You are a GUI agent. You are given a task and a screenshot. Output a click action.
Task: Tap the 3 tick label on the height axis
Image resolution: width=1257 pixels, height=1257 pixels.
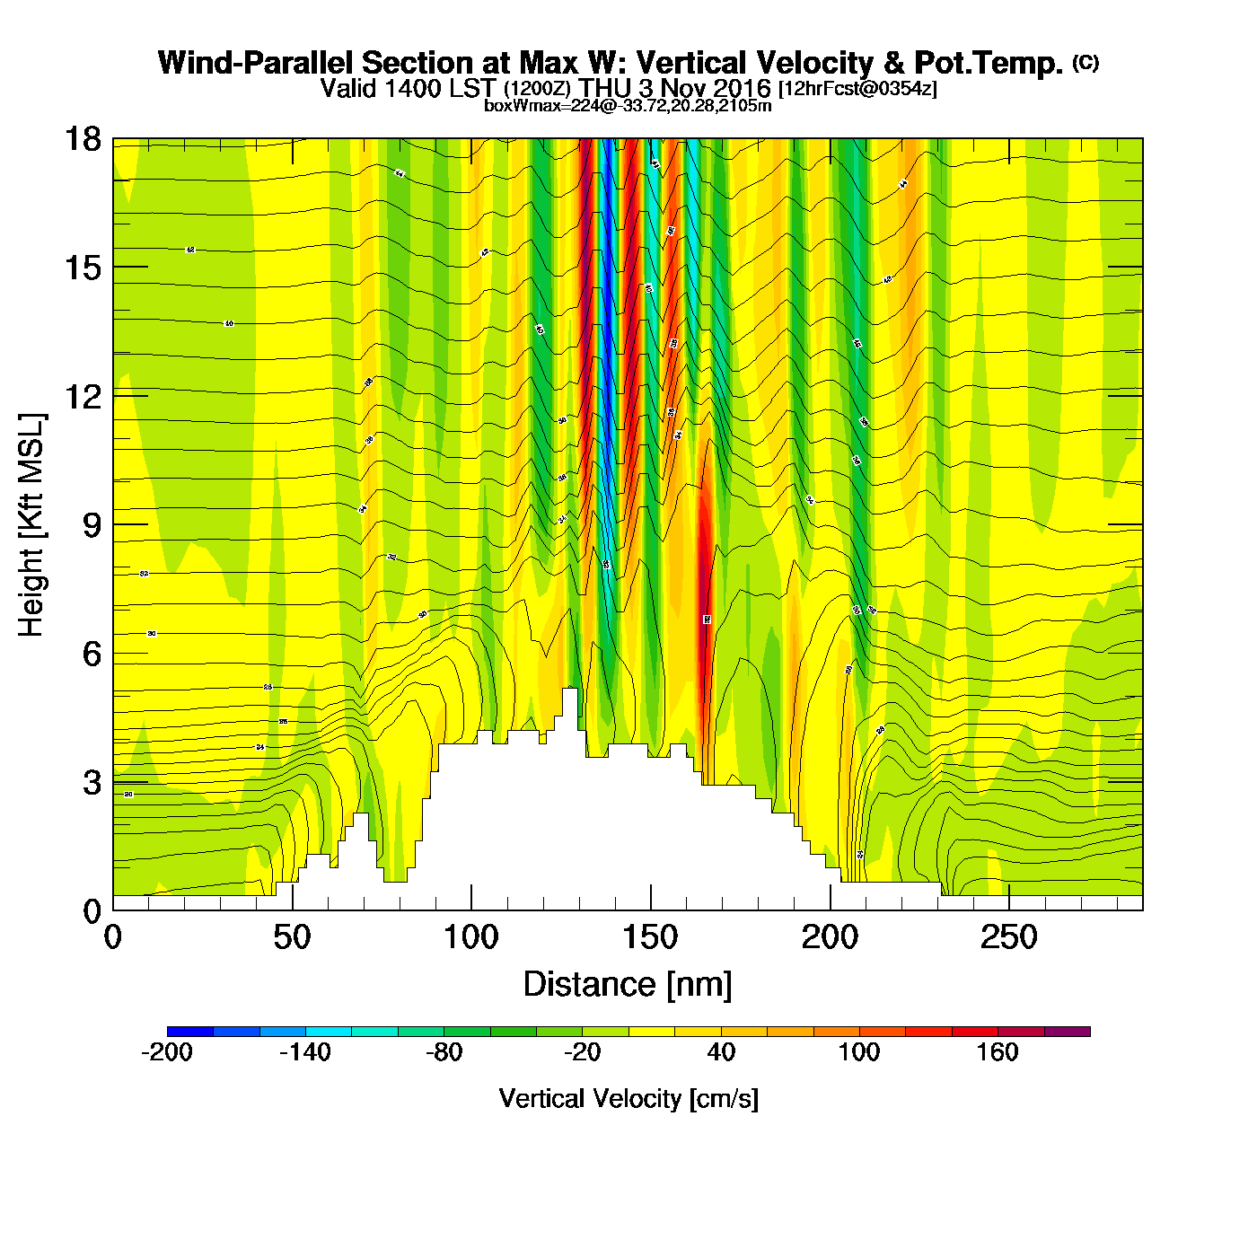(92, 782)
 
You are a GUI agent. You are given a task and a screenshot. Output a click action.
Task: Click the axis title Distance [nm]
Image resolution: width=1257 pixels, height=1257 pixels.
(628, 985)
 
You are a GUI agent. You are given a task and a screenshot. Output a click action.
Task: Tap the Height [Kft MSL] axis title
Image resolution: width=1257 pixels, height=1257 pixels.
(31, 525)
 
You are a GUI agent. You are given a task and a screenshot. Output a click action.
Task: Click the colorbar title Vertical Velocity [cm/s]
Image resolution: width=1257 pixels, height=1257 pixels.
(628, 1099)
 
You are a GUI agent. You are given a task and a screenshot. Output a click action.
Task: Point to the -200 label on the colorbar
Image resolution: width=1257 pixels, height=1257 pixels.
(167, 1052)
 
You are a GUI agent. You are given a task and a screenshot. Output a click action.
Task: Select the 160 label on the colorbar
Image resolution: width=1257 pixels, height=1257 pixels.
(998, 1052)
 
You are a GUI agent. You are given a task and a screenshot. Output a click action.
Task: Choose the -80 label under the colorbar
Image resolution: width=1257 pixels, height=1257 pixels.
(444, 1052)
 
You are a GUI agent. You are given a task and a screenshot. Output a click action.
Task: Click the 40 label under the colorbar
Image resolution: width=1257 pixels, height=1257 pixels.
(721, 1052)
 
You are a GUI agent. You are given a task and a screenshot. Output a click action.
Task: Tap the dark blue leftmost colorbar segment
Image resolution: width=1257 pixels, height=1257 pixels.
(190, 1032)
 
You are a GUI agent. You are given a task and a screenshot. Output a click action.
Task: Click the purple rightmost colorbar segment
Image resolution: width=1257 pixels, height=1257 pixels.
(1068, 1032)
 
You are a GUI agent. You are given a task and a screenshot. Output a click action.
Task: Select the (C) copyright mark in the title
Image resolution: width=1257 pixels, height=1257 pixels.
(1086, 62)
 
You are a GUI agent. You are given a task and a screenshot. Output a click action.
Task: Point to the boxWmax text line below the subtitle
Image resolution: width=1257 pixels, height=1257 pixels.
(628, 105)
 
